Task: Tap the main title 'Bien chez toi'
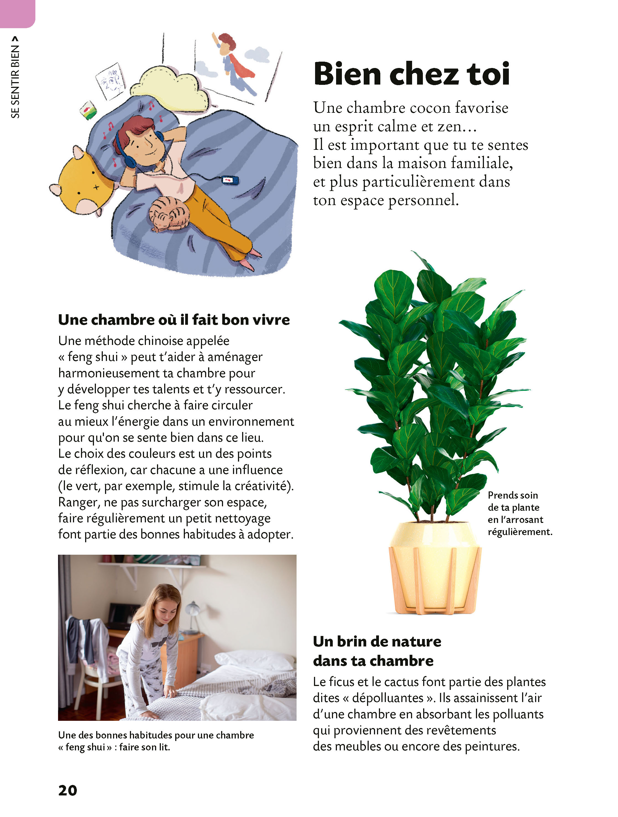coord(411,74)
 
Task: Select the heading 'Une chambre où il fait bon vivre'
coord(174,320)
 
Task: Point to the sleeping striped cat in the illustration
coord(169,214)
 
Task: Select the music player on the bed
coord(230,180)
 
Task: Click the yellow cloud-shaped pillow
coord(170,89)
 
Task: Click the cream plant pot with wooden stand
coord(435,569)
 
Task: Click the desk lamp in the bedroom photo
coord(192,613)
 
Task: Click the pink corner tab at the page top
coord(17,13)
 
